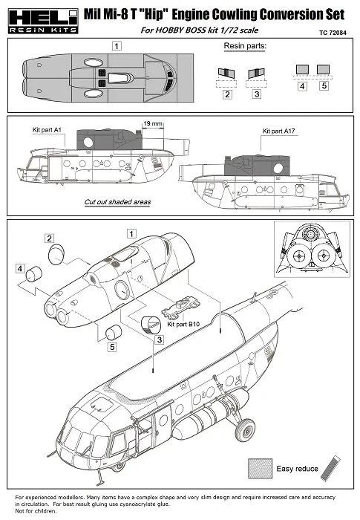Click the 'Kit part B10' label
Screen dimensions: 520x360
(184, 324)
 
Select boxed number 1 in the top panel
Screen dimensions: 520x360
(117, 46)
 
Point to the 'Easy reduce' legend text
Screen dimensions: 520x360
(297, 469)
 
